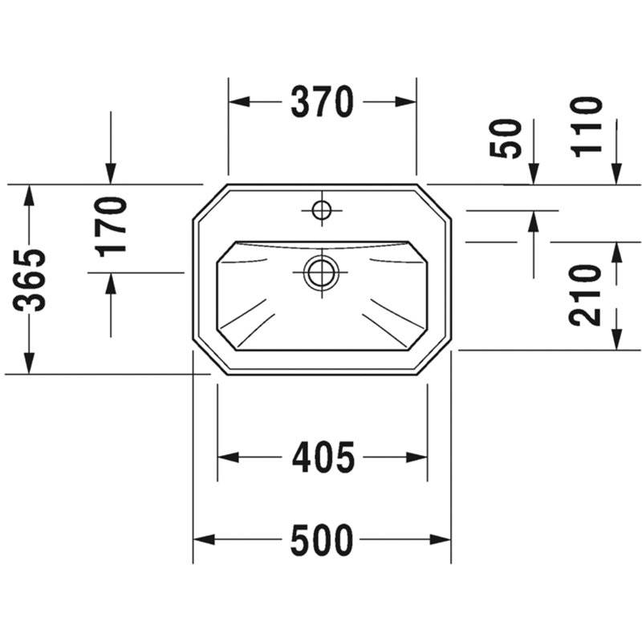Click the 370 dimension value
[322, 102]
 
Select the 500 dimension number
[322, 539]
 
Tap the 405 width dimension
[323, 457]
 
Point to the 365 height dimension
[30, 279]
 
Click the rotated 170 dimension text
[111, 227]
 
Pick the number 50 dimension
[506, 138]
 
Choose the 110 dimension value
[587, 127]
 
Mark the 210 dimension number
[585, 295]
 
